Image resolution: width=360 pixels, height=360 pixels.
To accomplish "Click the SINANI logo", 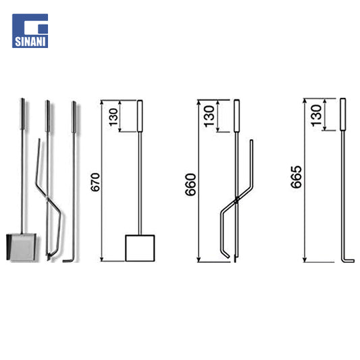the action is (30, 31).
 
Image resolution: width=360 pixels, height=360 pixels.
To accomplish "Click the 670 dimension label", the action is (95, 182).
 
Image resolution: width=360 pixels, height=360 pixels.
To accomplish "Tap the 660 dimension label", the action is (190, 184).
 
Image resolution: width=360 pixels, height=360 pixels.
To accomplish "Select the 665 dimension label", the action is (297, 177).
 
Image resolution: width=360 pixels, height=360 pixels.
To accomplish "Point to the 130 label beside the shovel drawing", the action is (113, 117).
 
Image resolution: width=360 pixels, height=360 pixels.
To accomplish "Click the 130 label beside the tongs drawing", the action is (209, 116).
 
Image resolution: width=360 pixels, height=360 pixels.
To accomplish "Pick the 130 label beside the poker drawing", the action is (316, 115).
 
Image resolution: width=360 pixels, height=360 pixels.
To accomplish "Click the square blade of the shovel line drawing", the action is (140, 248).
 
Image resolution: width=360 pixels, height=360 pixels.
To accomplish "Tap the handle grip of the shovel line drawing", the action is (140, 116).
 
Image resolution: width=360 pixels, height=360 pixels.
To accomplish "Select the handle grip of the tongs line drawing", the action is (236, 116).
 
